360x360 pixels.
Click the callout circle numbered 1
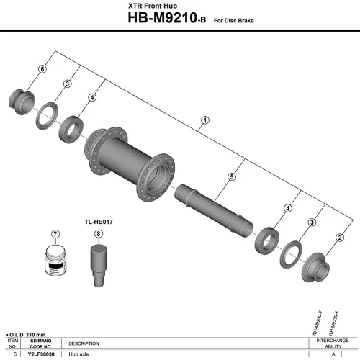pyautogui.click(x=204, y=120)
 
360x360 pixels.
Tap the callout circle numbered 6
pyautogui.click(x=42, y=68)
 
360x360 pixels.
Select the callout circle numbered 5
pyautogui.click(x=232, y=176)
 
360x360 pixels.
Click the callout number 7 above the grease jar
pyautogui.click(x=55, y=235)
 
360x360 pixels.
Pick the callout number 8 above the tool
pyautogui.click(x=98, y=235)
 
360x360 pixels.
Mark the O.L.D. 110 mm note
pyautogui.click(x=26, y=336)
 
